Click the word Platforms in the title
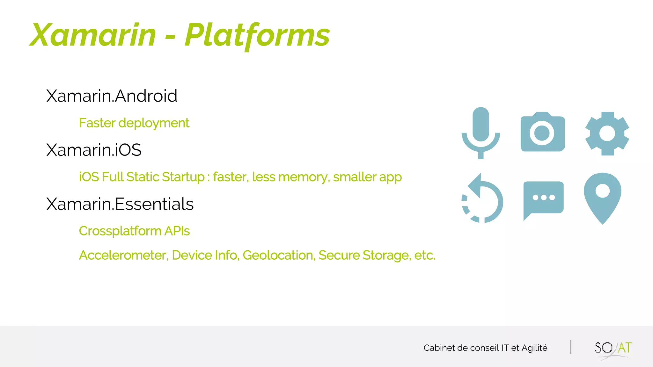point(257,36)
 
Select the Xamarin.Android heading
point(112,96)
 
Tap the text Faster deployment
point(134,123)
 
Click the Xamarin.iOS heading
point(94,150)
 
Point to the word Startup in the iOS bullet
point(183,177)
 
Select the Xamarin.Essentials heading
point(120,204)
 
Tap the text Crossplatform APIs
point(134,231)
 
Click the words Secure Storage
point(364,255)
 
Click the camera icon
point(542,132)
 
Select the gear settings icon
point(607,133)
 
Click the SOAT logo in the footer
point(613,349)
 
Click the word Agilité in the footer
point(534,348)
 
